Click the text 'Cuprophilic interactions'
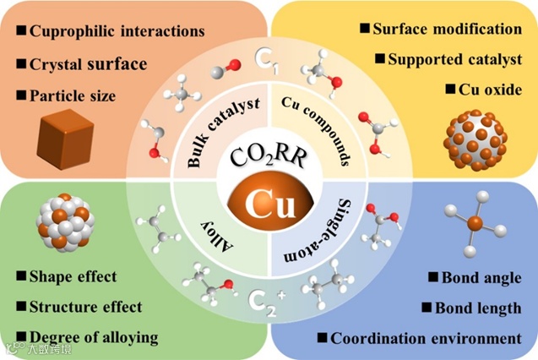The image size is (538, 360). pyautogui.click(x=117, y=31)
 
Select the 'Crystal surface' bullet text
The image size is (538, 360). pyautogui.click(x=88, y=64)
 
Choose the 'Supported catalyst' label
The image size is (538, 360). pyautogui.click(x=454, y=59)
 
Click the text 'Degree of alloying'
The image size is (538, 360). pyautogui.click(x=93, y=337)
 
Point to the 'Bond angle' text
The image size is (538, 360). pyautogui.click(x=481, y=277)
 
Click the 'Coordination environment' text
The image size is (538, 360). pyautogui.click(x=426, y=339)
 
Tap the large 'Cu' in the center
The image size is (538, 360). pyautogui.click(x=269, y=204)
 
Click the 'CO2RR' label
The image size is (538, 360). pyautogui.click(x=269, y=159)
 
